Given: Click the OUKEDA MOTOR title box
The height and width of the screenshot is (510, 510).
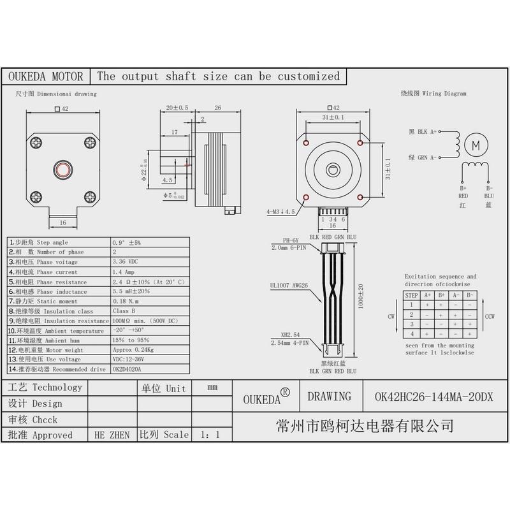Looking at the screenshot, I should click(x=45, y=76).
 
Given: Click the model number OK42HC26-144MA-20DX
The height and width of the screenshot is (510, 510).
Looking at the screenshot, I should click(x=433, y=397).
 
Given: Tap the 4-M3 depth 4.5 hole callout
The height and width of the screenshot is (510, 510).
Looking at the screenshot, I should click(x=280, y=210).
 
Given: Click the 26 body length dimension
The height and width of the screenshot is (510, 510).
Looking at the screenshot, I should click(x=217, y=108).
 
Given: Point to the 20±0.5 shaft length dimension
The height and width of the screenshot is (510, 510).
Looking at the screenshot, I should click(x=177, y=108).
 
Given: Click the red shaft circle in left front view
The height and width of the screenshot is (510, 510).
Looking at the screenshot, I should click(x=63, y=169).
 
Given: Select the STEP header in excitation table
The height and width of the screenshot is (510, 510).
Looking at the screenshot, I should click(x=412, y=295).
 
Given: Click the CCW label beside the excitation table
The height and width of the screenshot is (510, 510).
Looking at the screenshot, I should click(x=490, y=316).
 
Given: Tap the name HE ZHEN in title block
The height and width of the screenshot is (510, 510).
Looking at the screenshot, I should click(x=112, y=435).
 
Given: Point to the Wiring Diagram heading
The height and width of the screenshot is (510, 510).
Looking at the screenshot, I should click(x=433, y=93).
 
